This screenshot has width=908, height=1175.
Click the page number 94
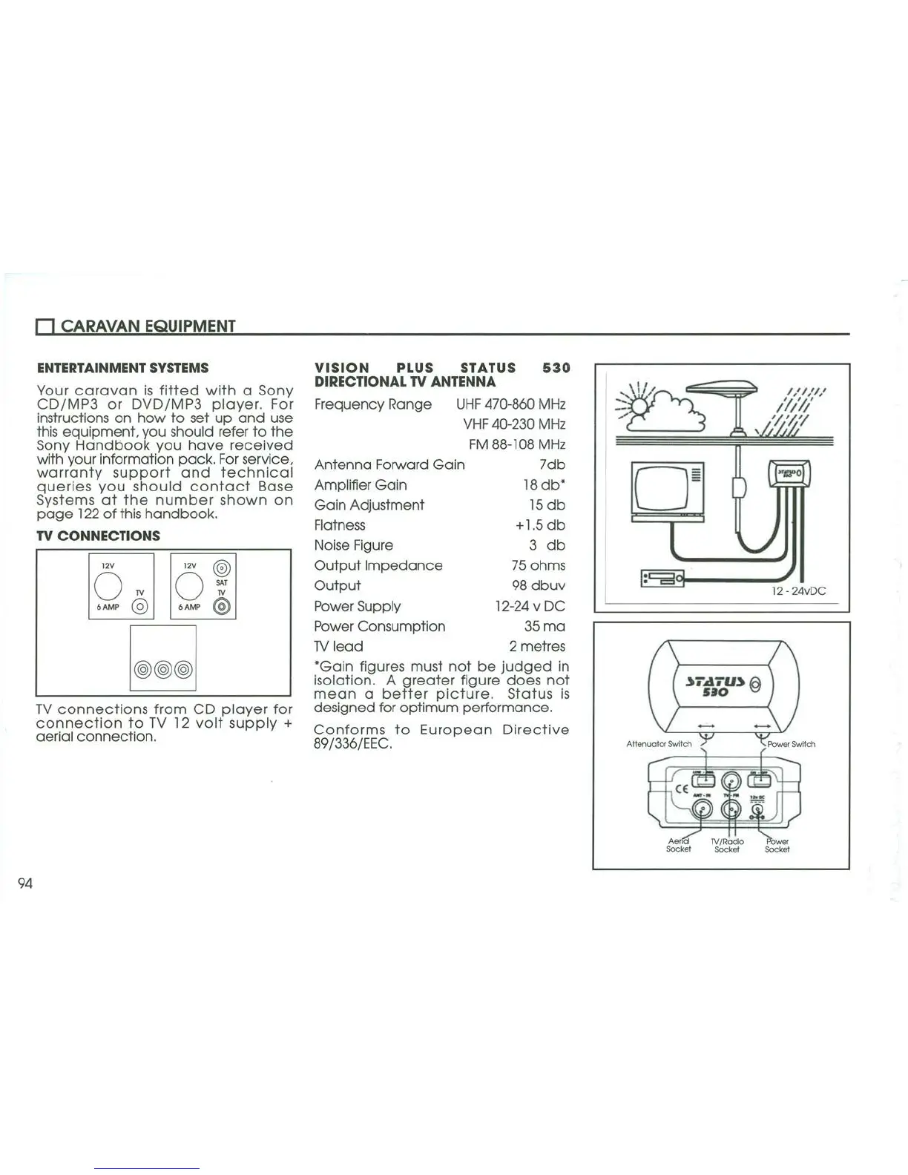25,883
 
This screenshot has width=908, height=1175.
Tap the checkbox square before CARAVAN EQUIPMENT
45,327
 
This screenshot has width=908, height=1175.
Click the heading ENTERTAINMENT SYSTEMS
122,368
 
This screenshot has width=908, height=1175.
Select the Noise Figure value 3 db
547,545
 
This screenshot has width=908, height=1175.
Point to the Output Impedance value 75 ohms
538,565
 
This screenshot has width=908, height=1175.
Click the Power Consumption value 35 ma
544,626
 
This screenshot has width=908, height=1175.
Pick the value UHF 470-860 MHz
510,404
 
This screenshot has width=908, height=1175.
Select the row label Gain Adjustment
369,505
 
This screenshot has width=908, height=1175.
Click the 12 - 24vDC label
797,591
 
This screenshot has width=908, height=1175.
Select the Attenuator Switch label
658,744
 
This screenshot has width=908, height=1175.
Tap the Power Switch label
791,744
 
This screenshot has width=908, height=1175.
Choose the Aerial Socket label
678,845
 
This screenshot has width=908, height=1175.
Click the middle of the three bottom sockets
163,670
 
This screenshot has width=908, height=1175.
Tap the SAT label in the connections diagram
221,583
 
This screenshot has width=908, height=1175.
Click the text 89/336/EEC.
352,744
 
